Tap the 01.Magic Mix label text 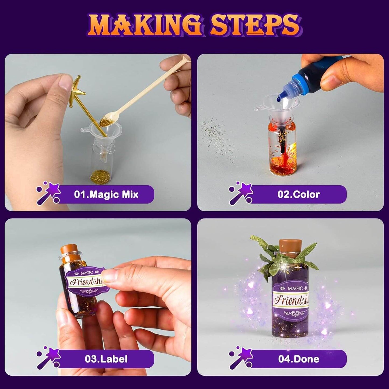coord(106,194)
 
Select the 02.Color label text coord(299,194)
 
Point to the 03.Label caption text coord(106,359)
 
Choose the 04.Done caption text coord(299,359)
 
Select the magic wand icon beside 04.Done coord(240,359)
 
